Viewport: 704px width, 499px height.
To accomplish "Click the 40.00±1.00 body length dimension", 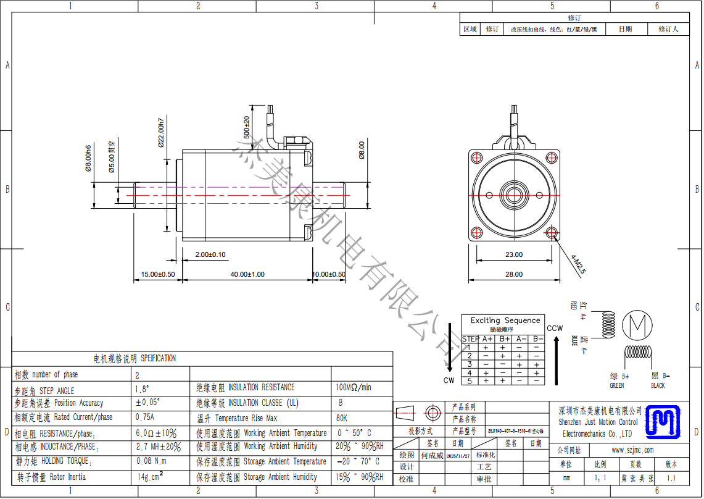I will pos(247,274).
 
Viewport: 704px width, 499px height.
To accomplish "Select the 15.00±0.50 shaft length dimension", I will pos(158,274).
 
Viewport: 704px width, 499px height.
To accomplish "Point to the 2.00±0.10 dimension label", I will pos(210,254).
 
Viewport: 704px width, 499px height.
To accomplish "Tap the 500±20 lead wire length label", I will pos(246,127).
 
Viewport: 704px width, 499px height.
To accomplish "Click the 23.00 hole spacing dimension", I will pos(513,254).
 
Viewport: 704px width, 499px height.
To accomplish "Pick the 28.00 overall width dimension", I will pos(513,274).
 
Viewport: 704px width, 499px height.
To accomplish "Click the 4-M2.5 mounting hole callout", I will pos(578,263).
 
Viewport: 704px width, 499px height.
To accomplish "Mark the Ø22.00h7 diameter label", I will pos(160,132).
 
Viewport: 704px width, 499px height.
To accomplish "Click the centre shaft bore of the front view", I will pos(513,195).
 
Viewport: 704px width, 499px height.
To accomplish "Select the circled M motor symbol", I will pos(637,325).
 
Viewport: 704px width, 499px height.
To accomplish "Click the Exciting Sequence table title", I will pos(505,321).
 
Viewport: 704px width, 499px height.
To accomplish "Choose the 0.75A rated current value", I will pos(144,417).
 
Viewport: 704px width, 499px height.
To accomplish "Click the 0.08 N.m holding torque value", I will pos(151,461).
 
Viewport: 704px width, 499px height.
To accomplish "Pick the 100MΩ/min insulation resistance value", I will pos(354,387).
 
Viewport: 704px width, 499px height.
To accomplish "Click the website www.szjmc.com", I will pos(632,450).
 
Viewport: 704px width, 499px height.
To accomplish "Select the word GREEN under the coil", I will pos(617,386).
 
